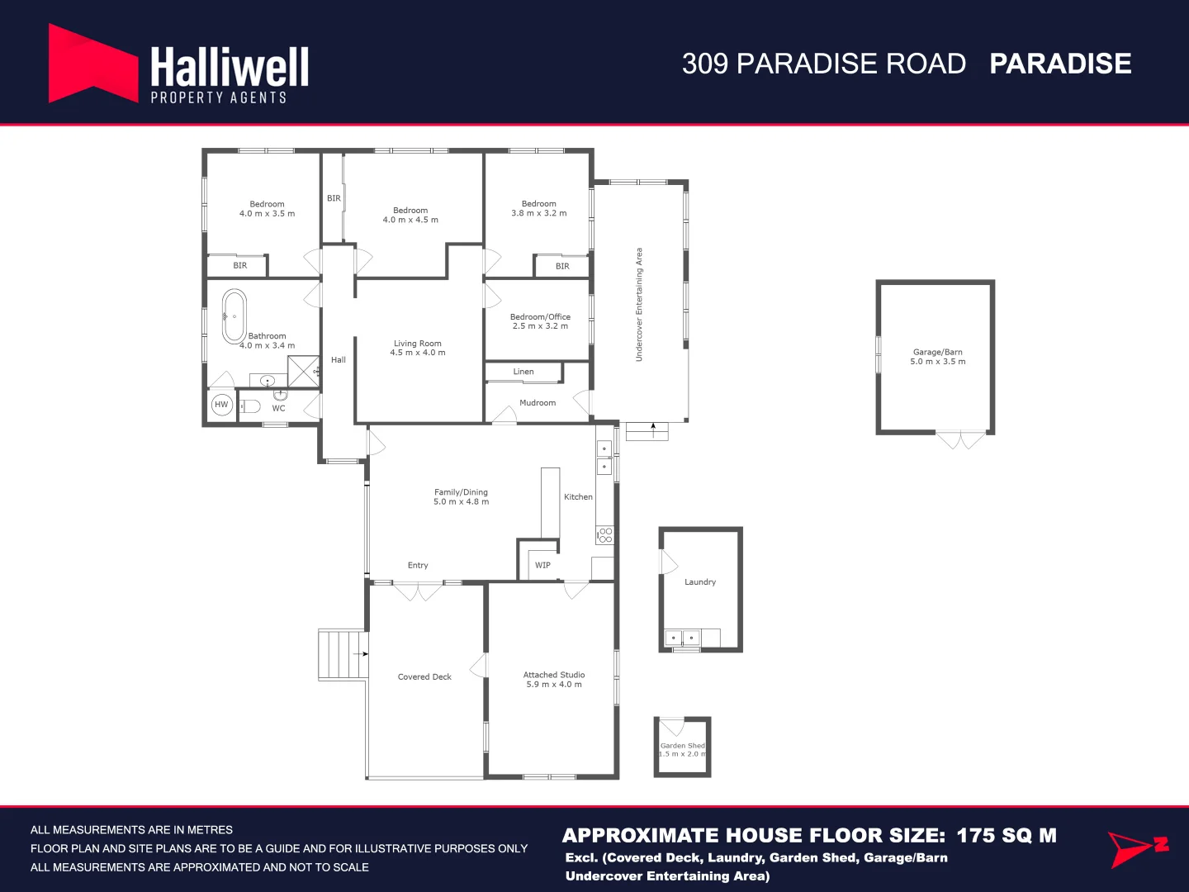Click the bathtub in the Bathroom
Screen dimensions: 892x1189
[234, 317]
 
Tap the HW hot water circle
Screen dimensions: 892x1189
[221, 405]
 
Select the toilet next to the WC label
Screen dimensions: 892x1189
[250, 406]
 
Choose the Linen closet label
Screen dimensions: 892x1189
[523, 372]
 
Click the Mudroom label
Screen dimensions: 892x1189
[538, 403]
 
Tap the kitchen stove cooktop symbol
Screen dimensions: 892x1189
[605, 535]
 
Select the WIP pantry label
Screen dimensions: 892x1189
[542, 566]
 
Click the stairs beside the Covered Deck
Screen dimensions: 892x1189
[342, 655]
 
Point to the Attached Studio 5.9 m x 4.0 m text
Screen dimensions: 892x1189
[554, 680]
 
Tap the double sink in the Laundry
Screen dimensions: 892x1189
[683, 638]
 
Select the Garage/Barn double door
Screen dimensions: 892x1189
[962, 439]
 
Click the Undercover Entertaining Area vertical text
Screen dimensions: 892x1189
[639, 305]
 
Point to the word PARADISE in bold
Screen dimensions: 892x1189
[1060, 64]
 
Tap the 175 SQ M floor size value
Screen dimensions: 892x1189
[1006, 835]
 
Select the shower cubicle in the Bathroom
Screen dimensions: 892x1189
[303, 371]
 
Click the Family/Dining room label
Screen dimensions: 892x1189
[461, 496]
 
